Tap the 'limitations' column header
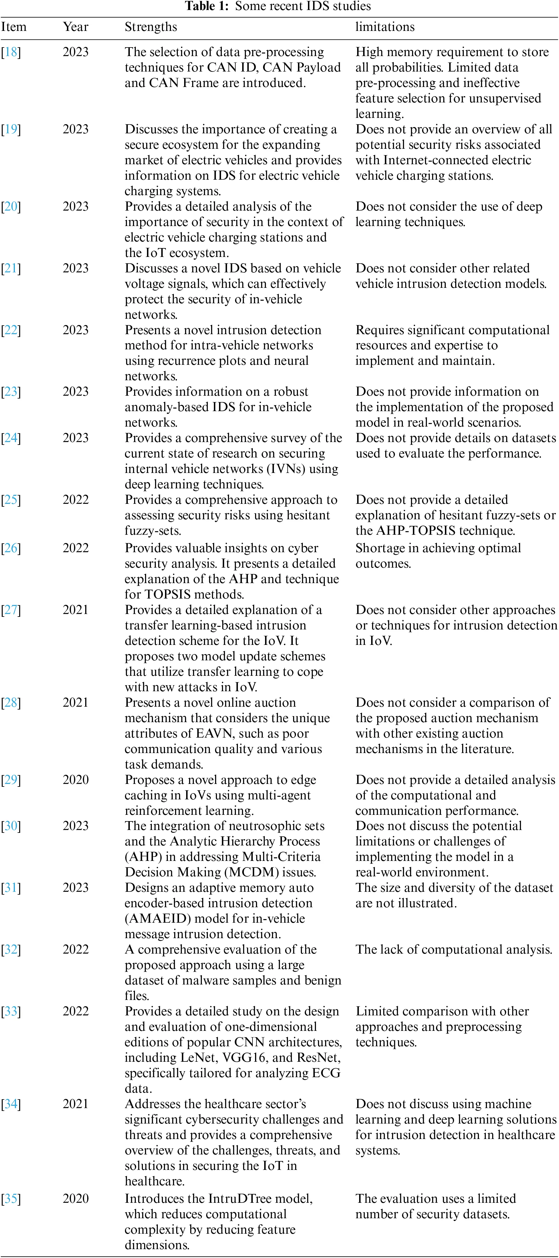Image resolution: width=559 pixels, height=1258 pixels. (385, 27)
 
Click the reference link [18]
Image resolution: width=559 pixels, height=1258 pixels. (11, 52)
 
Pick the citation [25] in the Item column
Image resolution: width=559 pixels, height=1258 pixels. (11, 500)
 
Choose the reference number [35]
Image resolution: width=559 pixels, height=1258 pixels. (11, 1198)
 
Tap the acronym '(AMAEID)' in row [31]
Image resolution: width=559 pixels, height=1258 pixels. (157, 919)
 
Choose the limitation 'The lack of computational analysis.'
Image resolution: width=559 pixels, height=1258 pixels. (453, 950)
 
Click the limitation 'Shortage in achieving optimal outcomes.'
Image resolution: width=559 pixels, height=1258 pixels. (438, 556)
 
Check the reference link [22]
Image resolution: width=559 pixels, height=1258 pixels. (11, 330)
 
